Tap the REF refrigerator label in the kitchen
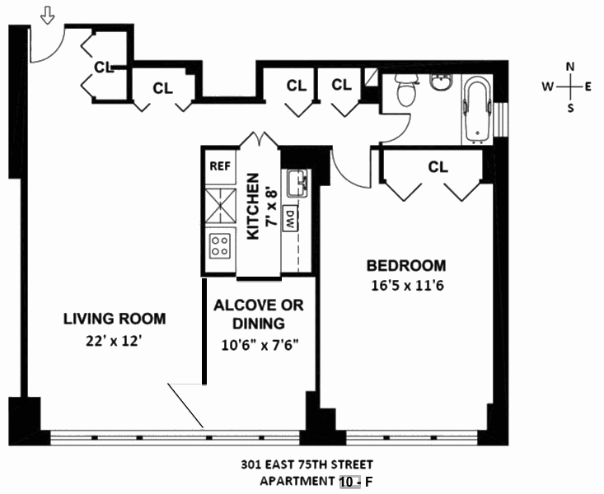tap(219, 165)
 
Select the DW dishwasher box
tap(289, 218)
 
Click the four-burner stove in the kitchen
tap(220, 244)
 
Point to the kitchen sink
tap(297, 182)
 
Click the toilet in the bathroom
tap(405, 91)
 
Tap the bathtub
tap(476, 110)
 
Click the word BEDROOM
tap(406, 266)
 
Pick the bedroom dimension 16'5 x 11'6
tap(406, 286)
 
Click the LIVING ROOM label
tap(115, 319)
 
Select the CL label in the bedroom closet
tap(438, 166)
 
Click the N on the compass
tap(569, 68)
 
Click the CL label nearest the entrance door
tap(103, 67)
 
